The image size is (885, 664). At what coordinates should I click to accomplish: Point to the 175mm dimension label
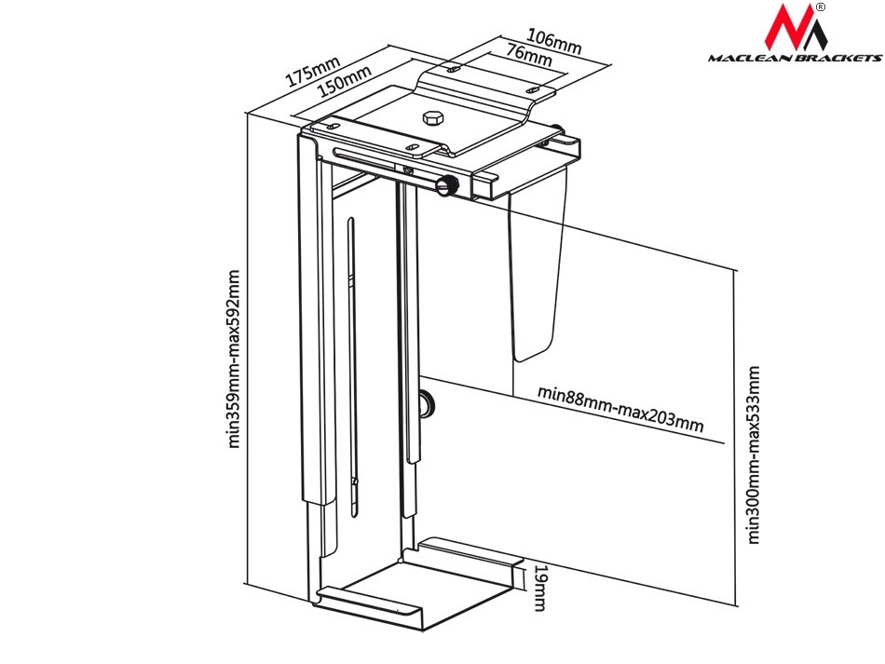click(x=313, y=72)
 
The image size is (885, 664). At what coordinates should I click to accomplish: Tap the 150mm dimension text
click(x=343, y=85)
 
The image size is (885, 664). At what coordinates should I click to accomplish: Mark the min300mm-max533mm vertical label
click(x=754, y=454)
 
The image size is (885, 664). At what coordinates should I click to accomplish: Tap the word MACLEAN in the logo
click(x=746, y=58)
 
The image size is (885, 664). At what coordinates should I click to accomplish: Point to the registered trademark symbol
click(x=820, y=7)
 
